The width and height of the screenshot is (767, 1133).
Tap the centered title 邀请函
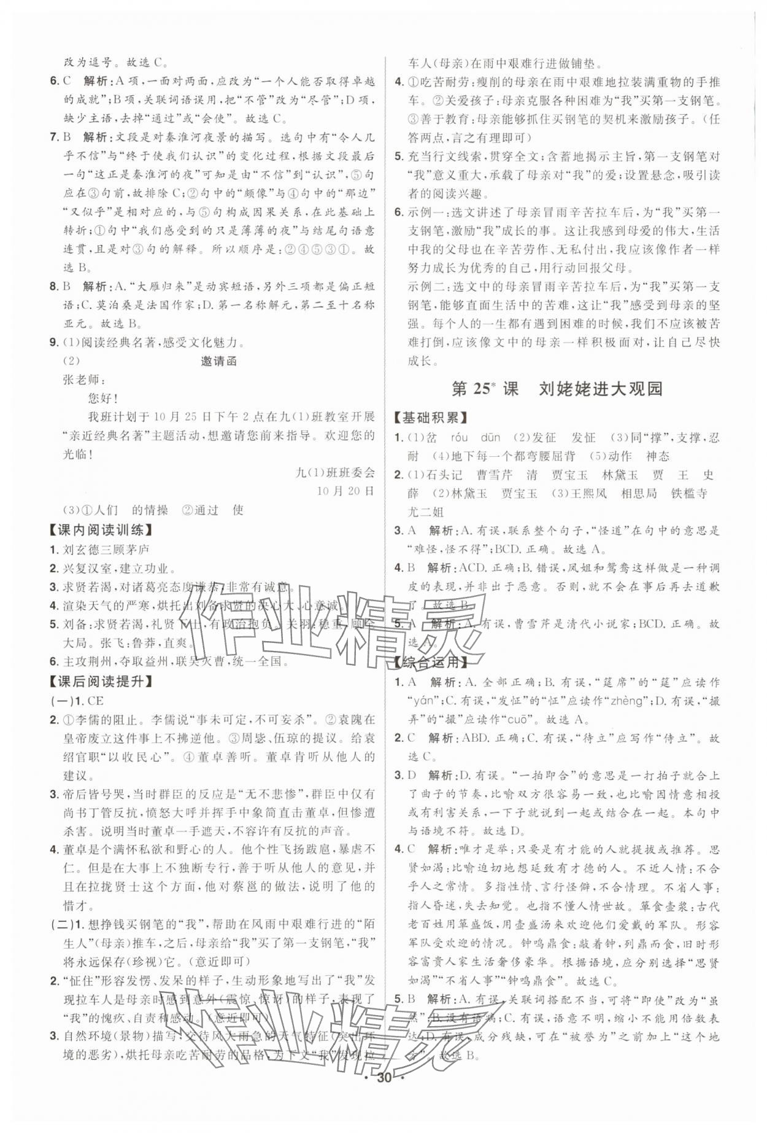[x=219, y=361]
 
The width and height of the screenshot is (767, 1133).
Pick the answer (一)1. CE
[x=77, y=700]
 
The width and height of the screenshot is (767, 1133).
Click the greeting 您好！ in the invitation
[x=103, y=399]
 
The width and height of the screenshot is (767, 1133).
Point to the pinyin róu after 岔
[x=460, y=437]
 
